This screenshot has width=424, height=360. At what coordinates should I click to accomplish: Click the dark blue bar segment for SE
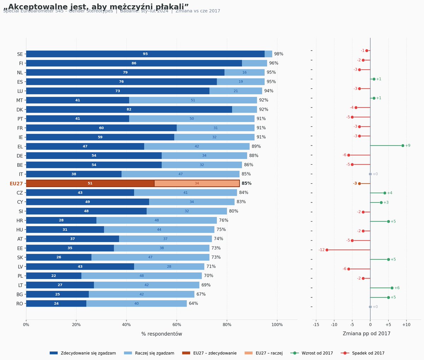(x=145, y=54)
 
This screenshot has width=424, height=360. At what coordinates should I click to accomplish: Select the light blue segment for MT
(x=193, y=100)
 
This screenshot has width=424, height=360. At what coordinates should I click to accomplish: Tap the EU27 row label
(x=16, y=184)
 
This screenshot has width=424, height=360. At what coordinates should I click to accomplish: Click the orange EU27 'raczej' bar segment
(x=197, y=183)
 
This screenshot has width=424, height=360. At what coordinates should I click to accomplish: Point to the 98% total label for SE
(x=279, y=54)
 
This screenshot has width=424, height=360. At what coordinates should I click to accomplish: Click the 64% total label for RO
(x=193, y=303)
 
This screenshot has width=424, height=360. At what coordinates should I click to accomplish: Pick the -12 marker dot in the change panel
(x=327, y=250)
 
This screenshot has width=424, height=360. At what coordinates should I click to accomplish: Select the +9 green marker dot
(x=403, y=146)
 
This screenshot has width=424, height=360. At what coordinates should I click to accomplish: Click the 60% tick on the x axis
(x=177, y=325)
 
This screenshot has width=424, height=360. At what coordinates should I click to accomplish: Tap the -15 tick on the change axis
(x=316, y=325)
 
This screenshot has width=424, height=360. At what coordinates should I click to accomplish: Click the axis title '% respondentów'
(x=161, y=334)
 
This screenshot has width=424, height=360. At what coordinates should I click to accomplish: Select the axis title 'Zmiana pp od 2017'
(x=366, y=334)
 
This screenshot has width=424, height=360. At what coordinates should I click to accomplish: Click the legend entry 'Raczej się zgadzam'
(x=154, y=353)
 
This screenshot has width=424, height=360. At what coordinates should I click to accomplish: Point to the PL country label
(x=20, y=276)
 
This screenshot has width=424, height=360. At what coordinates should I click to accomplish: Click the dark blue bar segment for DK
(x=129, y=110)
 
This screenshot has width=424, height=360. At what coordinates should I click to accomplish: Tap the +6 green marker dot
(x=392, y=288)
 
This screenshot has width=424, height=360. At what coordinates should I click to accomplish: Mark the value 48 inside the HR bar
(x=157, y=220)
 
